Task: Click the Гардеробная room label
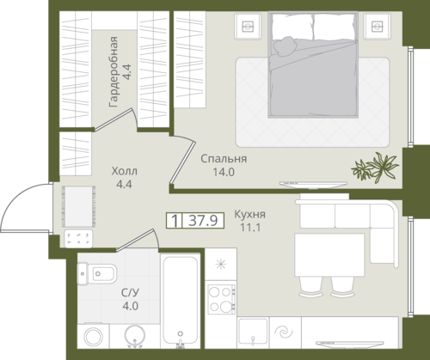coord(114,72)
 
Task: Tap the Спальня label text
coord(224,159)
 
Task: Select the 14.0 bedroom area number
coord(224,172)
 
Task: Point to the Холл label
coord(125,171)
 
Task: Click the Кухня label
coord(250,214)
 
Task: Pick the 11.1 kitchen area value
coord(250,228)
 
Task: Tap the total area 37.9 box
coord(195,221)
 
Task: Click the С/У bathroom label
coord(130,293)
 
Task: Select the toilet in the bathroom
coord(97,273)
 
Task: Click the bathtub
coord(181,301)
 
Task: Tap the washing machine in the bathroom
coord(93,336)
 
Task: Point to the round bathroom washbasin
coord(135,336)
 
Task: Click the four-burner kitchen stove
coord(222,299)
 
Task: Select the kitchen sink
coord(253,333)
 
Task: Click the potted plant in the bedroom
coord(375,168)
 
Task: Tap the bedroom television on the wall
coord(313,185)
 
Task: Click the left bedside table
coord(248,26)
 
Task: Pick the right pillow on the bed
coord(335,27)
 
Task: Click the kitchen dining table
coord(329,255)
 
